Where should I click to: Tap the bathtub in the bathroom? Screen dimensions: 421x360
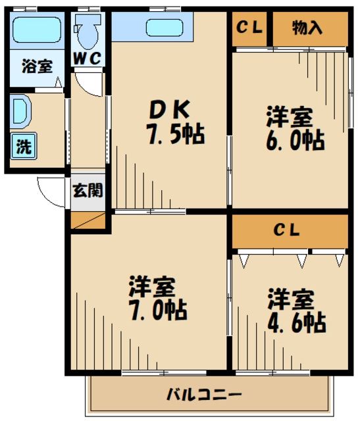tap(38, 30)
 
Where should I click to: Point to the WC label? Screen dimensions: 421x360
tap(87, 58)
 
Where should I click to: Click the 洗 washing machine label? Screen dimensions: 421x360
tap(24, 147)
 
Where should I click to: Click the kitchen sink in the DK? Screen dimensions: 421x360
tap(164, 28)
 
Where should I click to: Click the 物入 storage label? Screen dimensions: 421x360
tap(307, 28)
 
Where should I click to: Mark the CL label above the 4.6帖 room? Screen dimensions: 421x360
tap(287, 230)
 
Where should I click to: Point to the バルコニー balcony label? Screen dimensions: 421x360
tap(203, 396)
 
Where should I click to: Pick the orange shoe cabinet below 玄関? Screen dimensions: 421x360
tap(88, 220)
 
